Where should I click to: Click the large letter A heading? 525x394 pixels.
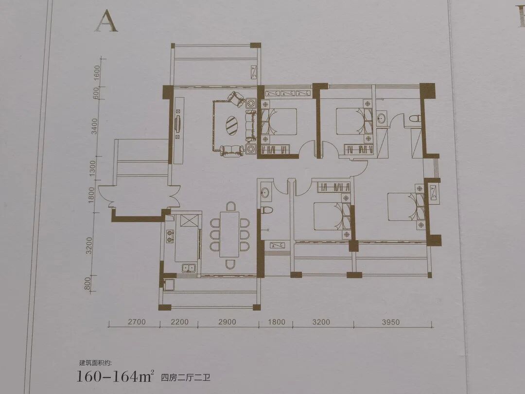[x=106, y=21]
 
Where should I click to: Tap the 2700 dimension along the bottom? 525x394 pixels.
[x=137, y=322]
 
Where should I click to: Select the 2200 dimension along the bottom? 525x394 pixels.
[x=179, y=322]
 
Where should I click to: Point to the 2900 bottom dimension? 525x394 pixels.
[x=227, y=322]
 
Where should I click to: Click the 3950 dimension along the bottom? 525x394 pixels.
[x=391, y=322]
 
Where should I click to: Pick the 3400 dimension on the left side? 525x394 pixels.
[x=95, y=126]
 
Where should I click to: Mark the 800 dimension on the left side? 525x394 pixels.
[x=87, y=284]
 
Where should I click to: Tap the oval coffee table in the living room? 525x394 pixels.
[x=231, y=125]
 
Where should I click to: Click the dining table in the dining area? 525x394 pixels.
[x=229, y=234]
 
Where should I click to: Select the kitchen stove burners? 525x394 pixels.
[x=170, y=235]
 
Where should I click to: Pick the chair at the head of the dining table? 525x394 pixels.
[x=230, y=206]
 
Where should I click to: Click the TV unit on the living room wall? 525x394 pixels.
[x=178, y=125]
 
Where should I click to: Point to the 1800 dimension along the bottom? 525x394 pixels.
[x=277, y=322]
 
